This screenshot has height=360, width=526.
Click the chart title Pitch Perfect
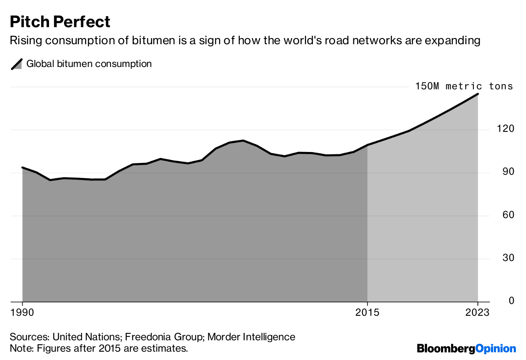coord(60,21)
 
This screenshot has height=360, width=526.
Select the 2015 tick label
coord(367,313)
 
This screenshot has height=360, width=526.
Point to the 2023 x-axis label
coord(477,313)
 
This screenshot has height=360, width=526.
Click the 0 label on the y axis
coord(498,300)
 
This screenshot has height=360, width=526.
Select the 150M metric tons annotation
coord(464,86)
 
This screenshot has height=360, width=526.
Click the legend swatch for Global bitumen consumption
coord(17,64)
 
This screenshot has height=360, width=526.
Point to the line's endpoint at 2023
coord(478,94)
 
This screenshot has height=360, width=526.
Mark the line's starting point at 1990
coord(22,167)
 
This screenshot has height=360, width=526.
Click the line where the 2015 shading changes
coord(367,145)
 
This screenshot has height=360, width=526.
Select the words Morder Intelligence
coord(251,337)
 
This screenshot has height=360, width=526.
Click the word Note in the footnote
coord(20,349)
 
